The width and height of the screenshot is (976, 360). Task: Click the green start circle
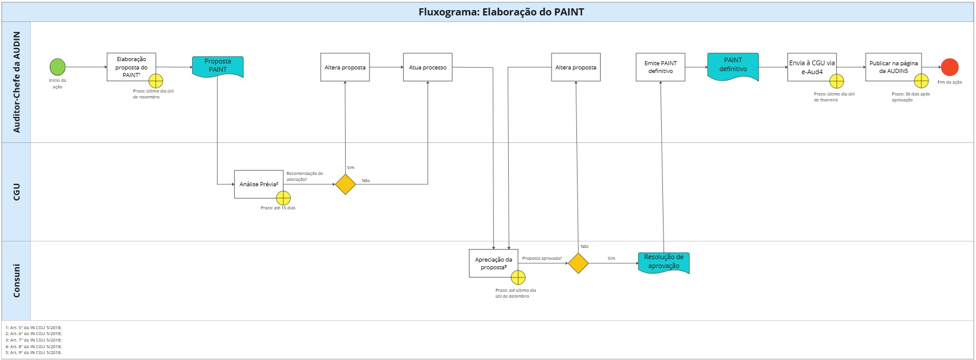point(58,67)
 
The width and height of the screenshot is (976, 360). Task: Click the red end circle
point(949,67)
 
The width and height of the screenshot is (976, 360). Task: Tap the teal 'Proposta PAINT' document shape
point(218,66)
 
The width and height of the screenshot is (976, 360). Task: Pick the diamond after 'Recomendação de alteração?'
point(345,184)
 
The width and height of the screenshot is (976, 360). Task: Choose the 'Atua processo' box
point(428,67)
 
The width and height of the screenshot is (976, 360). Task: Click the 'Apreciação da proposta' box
point(493,263)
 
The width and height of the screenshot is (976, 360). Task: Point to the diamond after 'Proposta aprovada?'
point(578,263)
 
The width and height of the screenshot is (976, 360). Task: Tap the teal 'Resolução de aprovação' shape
point(664,262)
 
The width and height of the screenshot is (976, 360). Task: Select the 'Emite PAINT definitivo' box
point(660,67)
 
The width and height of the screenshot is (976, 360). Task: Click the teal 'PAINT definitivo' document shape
point(733,65)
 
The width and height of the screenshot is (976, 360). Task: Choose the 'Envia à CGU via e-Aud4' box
point(811,67)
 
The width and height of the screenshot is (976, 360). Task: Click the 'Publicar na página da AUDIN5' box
point(893,67)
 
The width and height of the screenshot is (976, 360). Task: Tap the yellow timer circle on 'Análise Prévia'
point(283,198)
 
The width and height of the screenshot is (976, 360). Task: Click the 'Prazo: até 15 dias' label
point(278,208)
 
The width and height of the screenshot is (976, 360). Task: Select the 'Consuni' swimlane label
point(16,281)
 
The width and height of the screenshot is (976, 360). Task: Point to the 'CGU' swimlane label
point(16,192)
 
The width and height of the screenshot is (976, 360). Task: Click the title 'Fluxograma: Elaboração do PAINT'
point(501,12)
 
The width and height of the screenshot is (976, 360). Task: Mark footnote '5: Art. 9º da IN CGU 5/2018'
point(33,353)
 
